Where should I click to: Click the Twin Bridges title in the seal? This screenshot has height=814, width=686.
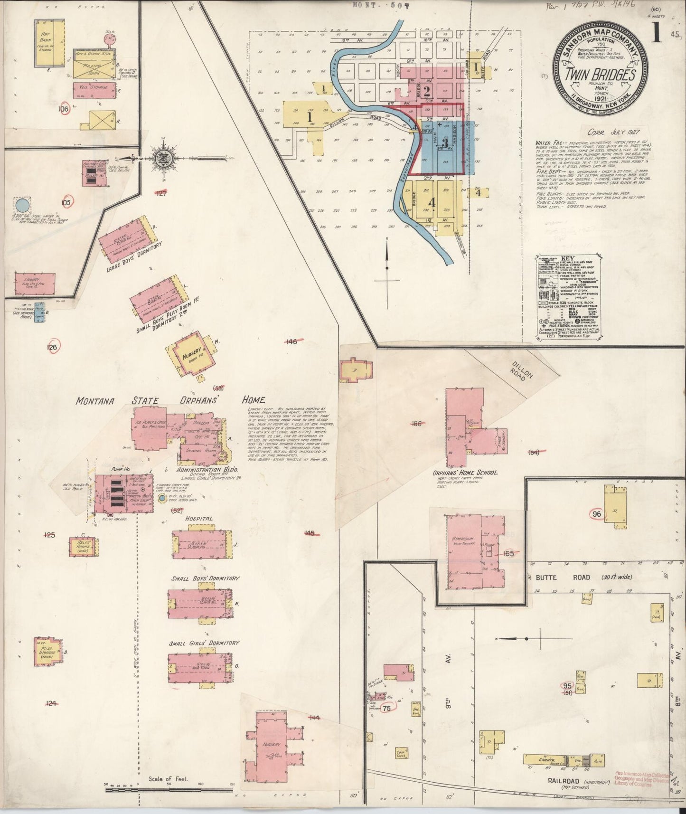click(x=601, y=76)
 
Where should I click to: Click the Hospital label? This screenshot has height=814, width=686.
click(x=199, y=519)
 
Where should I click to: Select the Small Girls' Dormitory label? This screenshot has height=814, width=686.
click(x=204, y=643)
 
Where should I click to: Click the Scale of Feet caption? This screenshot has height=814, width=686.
click(x=168, y=779)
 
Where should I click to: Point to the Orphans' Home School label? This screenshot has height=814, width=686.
click(x=465, y=473)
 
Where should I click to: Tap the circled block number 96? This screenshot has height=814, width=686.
click(x=597, y=514)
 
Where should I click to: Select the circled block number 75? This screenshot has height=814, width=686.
click(x=386, y=708)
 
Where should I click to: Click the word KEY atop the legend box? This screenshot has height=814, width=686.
click(x=567, y=259)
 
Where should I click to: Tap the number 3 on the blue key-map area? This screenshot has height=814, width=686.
click(x=445, y=142)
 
